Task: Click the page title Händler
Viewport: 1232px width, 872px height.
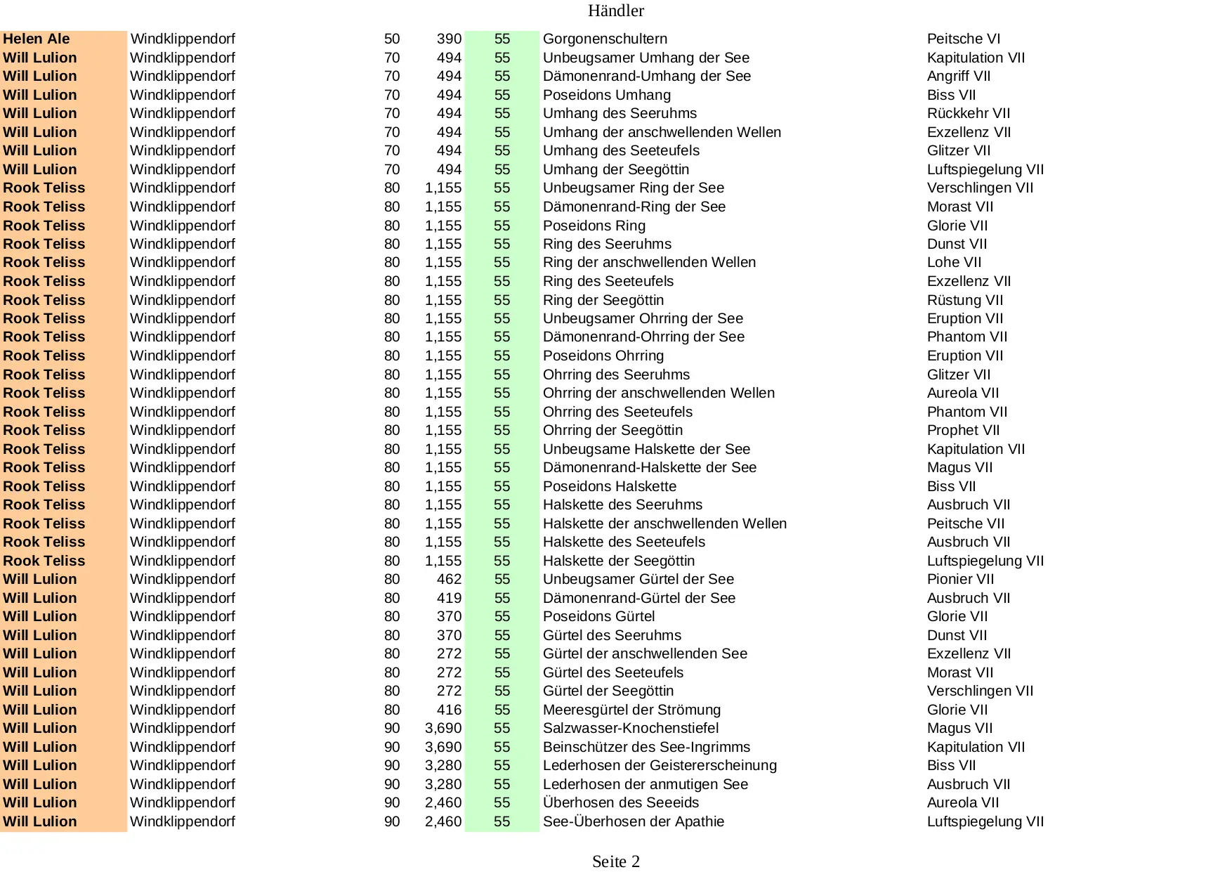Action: click(615, 11)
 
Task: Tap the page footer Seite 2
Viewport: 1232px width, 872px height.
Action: click(615, 861)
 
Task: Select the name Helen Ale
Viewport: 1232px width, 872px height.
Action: click(37, 39)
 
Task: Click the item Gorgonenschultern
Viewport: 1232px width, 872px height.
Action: click(605, 39)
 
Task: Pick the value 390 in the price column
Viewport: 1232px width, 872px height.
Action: click(449, 39)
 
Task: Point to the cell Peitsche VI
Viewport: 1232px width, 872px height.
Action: click(963, 39)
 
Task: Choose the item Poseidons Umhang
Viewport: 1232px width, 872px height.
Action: click(606, 95)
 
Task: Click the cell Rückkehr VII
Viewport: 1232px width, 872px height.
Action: click(968, 114)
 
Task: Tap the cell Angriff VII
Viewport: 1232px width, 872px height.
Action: click(958, 77)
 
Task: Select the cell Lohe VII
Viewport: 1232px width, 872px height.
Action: click(954, 263)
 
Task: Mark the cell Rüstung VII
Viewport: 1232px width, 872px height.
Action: click(964, 300)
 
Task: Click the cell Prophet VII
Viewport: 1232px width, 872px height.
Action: click(963, 431)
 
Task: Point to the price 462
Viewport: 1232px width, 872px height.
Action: click(449, 580)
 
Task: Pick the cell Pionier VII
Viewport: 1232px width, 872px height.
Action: click(960, 580)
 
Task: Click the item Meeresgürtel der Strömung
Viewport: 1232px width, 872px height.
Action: click(631, 710)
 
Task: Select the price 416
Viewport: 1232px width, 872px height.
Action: click(449, 710)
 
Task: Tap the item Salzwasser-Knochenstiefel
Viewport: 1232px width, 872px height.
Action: click(630, 729)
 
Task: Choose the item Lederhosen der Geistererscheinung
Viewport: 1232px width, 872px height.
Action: click(660, 766)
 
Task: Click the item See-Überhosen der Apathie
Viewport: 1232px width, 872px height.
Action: click(633, 821)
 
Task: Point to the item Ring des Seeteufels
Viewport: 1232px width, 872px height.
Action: click(608, 282)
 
